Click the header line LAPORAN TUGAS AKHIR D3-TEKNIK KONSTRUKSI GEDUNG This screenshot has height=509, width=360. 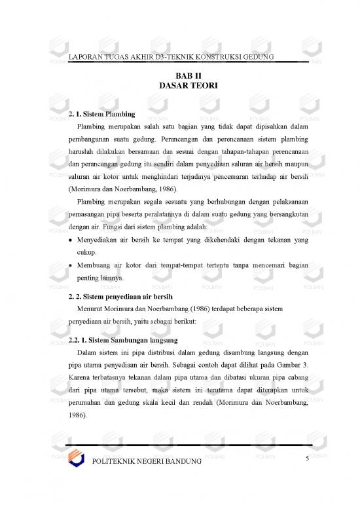tap(171, 57)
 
